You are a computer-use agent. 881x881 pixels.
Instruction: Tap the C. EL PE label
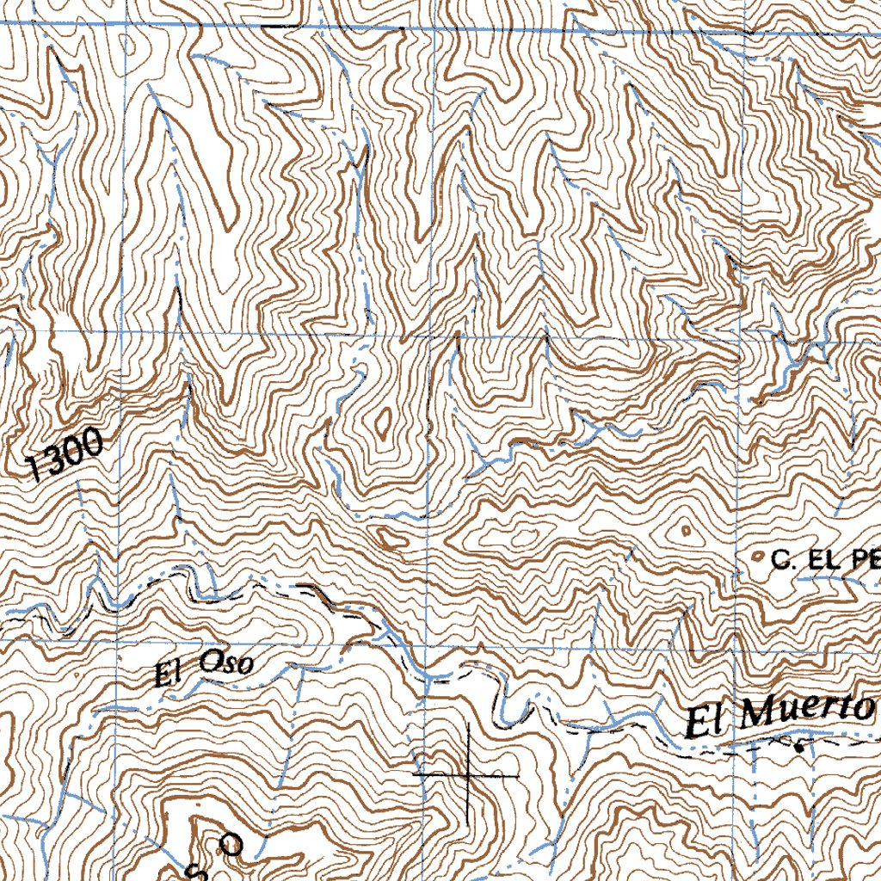[x=824, y=562]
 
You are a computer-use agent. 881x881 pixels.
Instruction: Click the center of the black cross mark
[x=467, y=775]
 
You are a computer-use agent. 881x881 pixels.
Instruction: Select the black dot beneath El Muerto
[x=798, y=748]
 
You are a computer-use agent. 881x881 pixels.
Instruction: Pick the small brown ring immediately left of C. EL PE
[x=757, y=558]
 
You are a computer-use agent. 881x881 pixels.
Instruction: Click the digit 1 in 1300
[x=34, y=467]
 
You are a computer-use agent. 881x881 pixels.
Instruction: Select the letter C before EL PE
[x=781, y=562]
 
